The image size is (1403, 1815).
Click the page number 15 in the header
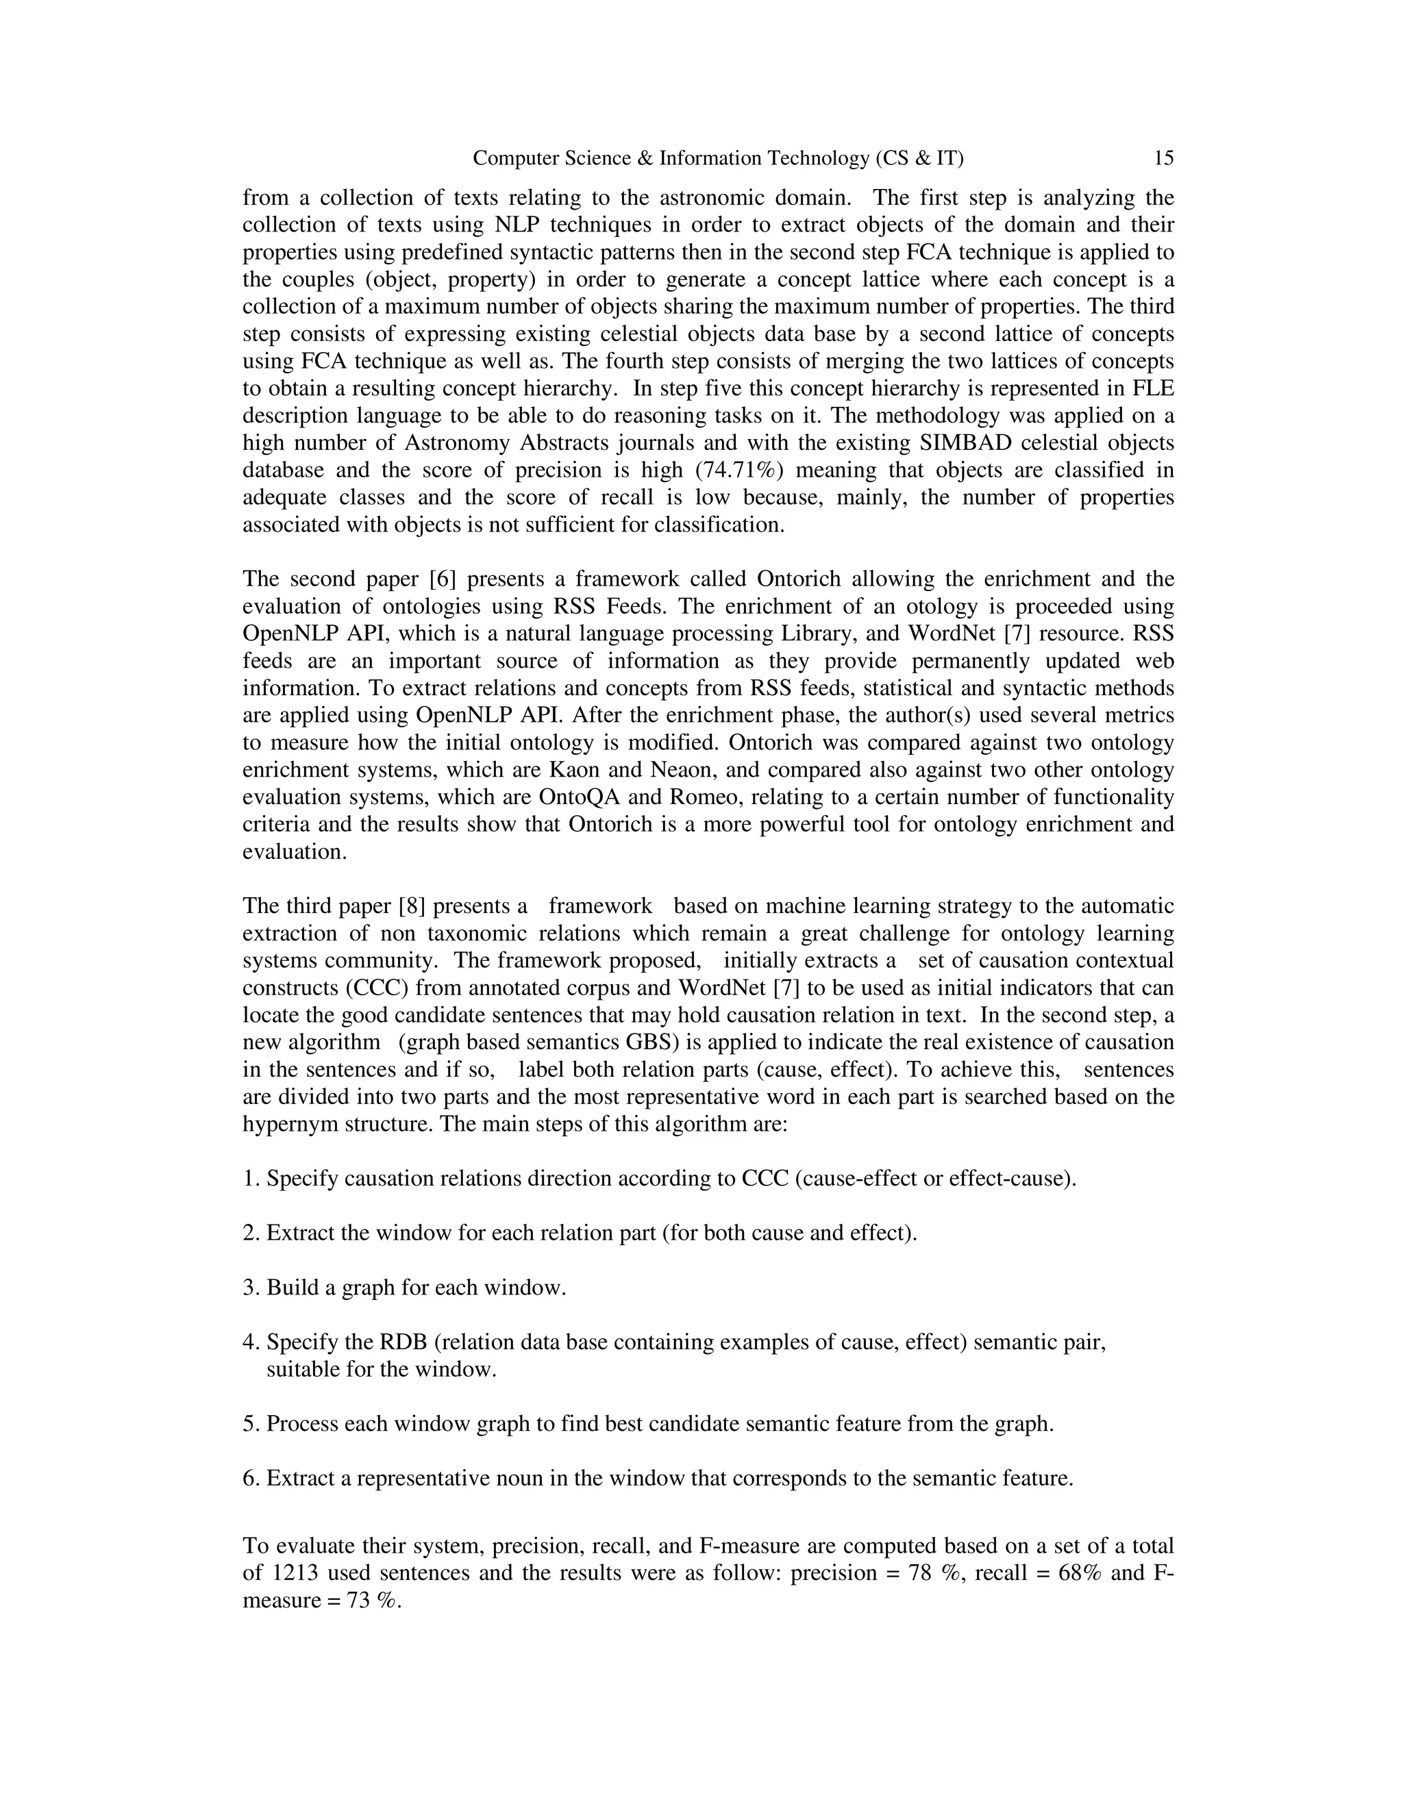1164,158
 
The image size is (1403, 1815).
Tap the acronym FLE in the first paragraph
1154,388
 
